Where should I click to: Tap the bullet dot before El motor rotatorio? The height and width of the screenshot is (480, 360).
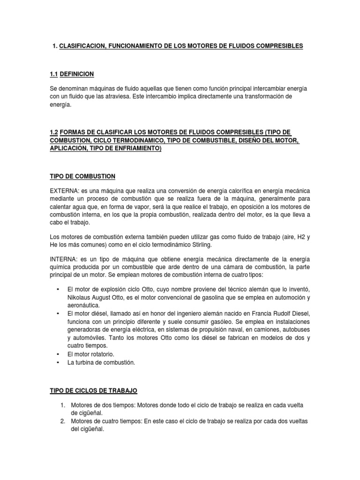[57, 354]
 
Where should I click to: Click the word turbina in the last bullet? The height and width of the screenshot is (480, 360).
[86, 362]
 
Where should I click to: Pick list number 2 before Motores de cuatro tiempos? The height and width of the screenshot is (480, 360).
[62, 420]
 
